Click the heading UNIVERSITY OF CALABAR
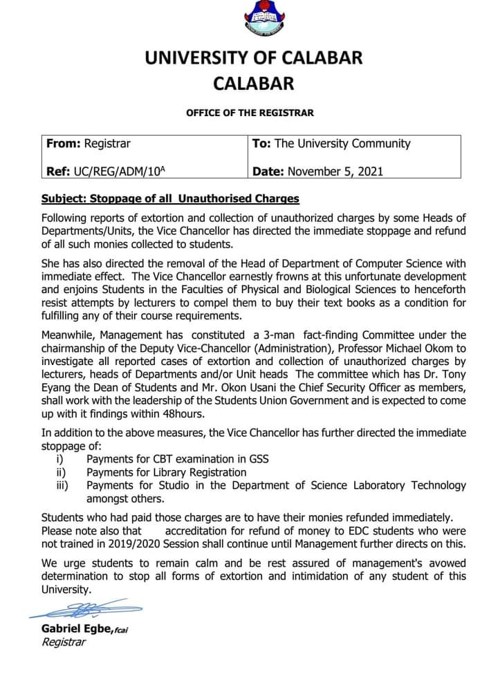(x=253, y=58)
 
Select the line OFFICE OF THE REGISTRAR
(x=250, y=112)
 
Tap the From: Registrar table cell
(x=89, y=144)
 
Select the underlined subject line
(x=170, y=198)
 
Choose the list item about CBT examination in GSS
(x=177, y=458)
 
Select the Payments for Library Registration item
(x=166, y=472)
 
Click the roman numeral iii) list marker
(x=62, y=485)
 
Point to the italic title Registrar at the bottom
(x=64, y=642)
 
